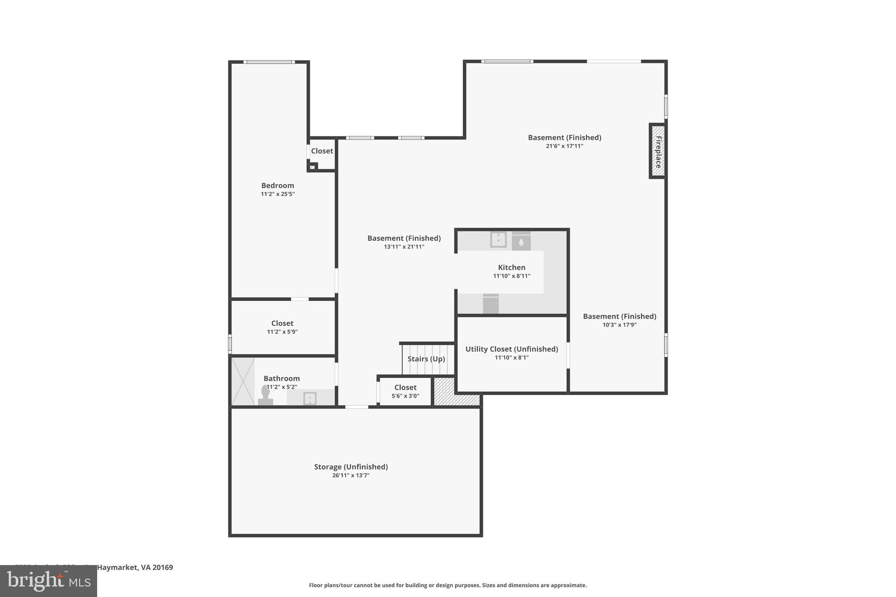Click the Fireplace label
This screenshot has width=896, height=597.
[x=658, y=152]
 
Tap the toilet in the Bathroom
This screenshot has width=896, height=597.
[x=265, y=395]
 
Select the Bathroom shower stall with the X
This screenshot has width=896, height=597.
[x=243, y=381]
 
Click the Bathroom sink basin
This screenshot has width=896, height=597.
[x=310, y=398]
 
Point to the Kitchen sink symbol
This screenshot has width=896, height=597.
[x=498, y=240]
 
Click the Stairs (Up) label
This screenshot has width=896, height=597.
[x=426, y=359]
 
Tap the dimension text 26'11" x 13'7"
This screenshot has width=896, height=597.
[x=350, y=475]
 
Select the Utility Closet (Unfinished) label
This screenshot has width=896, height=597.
[x=511, y=349]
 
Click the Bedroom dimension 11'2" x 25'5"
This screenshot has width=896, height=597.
[x=278, y=194]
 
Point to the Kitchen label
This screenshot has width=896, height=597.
[x=511, y=267]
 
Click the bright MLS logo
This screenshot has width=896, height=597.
[x=49, y=581]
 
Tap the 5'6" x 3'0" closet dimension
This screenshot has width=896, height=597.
[x=405, y=396]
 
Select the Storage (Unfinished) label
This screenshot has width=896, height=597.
[x=351, y=467]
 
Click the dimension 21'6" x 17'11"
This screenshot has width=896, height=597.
[x=564, y=146]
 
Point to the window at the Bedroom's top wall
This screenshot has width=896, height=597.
[x=269, y=62]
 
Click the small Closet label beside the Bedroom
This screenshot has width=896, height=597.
[x=322, y=151]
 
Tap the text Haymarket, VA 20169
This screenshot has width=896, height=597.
[x=135, y=567]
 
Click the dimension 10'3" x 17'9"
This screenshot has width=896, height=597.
[x=619, y=325]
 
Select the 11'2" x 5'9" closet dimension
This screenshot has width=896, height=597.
[x=282, y=332]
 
